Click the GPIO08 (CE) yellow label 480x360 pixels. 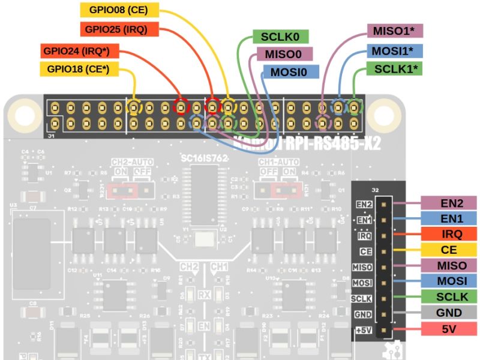point(119,10)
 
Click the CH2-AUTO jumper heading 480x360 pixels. point(132,162)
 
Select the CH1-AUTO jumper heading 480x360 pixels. point(278,162)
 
